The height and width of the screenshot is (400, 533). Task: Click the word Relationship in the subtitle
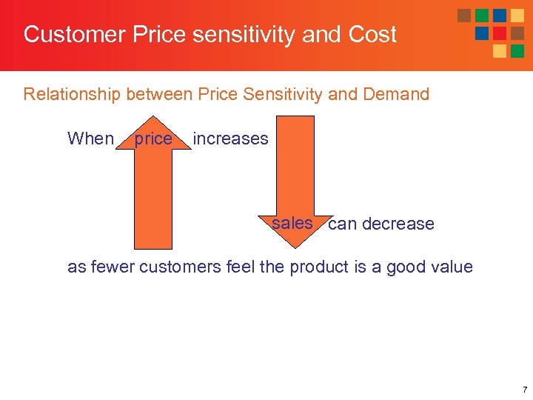[72, 95]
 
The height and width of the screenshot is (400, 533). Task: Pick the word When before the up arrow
[90, 139]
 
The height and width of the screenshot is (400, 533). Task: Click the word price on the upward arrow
[152, 139]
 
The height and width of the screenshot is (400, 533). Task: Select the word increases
[230, 139]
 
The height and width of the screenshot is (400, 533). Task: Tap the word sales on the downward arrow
[292, 223]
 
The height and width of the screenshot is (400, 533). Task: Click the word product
[321, 267]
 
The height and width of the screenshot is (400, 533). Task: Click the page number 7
[523, 389]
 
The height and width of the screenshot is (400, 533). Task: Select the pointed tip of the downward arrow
[295, 245]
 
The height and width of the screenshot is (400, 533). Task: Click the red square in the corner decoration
[500, 33]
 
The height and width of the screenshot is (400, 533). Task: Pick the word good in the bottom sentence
[402, 267]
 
